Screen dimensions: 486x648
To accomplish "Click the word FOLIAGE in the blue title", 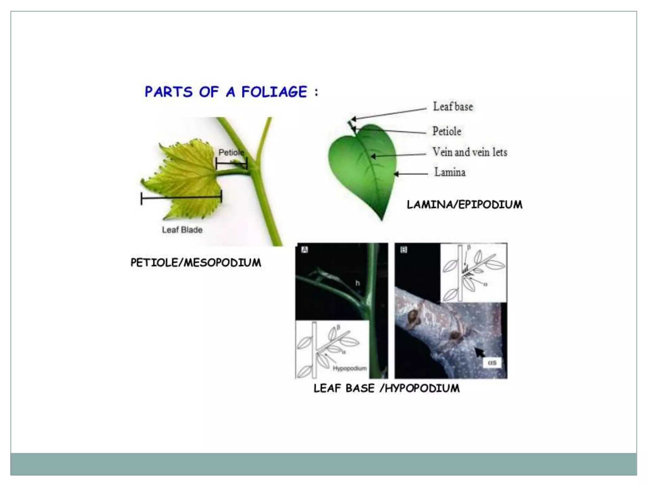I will pos(274,92).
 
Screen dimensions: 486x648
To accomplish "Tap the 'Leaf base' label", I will pos(453,107).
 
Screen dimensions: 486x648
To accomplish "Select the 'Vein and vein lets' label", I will pos(470,152).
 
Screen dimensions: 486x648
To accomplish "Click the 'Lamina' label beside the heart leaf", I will pos(450,172).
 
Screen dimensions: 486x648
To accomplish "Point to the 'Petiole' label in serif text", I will pos(446,131).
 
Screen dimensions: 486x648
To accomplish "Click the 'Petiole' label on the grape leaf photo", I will pos(231,153).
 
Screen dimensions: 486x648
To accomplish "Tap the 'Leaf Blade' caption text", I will pos(182,230).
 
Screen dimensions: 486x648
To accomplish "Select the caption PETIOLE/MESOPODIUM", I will pos(196,263).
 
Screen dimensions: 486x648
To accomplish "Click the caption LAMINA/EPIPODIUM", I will pos(464,205).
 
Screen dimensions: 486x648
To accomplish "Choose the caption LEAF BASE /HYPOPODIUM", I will pos(386,388).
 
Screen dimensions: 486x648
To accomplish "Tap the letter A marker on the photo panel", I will pos(304,250).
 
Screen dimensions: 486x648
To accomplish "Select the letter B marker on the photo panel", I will pos(403,250).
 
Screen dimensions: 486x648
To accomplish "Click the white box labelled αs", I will pos(492,363).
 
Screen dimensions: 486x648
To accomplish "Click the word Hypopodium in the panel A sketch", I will pos(350,368).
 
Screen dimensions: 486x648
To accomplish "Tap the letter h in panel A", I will pos(357,283).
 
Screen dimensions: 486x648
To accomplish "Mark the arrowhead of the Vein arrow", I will pos(373,156).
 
